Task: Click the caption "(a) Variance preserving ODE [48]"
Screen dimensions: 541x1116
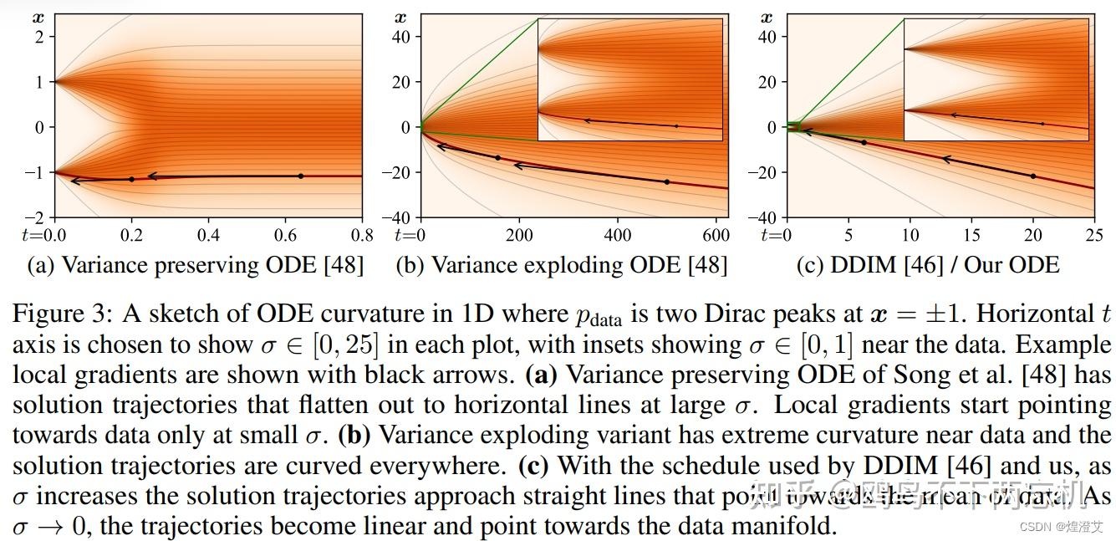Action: [x=196, y=265]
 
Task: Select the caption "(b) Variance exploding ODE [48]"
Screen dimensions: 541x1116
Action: [x=561, y=265]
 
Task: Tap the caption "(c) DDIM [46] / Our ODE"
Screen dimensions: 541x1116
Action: [x=927, y=265]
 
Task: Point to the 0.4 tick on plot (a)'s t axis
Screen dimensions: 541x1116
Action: [x=208, y=236]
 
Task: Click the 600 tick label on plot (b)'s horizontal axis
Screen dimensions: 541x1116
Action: [x=716, y=236]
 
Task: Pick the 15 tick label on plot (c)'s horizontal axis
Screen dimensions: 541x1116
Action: [x=971, y=236]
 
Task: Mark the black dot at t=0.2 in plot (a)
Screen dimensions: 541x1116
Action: [x=131, y=179]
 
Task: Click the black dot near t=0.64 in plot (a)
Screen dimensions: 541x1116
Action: [x=301, y=176]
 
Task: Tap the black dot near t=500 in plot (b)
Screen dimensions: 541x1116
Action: [x=666, y=181]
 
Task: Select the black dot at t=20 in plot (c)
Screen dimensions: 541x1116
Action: [x=1032, y=176]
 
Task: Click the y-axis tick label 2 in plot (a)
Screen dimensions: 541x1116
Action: [x=38, y=36]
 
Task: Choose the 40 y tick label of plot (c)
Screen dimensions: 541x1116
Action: [x=768, y=36]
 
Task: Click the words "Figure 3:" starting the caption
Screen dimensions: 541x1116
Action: [x=61, y=314]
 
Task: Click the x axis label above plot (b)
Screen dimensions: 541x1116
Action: [x=401, y=17]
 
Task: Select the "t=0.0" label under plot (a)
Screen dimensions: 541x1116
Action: [x=41, y=236]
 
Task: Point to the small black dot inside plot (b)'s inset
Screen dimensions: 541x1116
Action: [x=677, y=125]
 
